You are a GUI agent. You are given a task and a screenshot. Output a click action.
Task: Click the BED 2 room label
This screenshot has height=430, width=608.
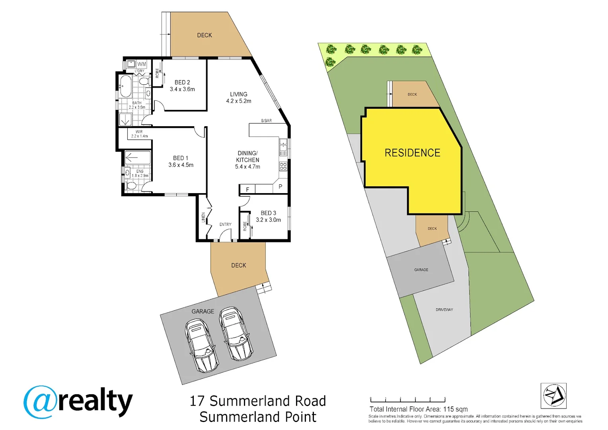pos(182,82)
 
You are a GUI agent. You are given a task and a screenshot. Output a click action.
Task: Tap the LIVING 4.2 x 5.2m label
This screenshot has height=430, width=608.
pos(238,98)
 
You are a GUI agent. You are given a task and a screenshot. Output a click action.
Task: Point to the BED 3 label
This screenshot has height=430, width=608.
pos(268,213)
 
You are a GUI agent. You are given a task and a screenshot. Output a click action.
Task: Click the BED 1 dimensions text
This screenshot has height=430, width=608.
pos(181,165)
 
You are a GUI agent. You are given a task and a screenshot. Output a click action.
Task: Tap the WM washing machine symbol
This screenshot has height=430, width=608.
pos(142,64)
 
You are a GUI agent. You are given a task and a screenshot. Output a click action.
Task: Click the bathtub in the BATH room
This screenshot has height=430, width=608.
pos(125,86)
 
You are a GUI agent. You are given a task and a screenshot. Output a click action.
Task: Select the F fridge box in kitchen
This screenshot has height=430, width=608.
pos(247,190)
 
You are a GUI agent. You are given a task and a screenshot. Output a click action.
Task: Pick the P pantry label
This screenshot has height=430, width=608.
pos(280,186)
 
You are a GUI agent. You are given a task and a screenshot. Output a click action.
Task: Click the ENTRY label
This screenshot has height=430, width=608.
pos(225,225)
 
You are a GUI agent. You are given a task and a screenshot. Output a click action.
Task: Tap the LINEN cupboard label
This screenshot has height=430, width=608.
pos(203,217)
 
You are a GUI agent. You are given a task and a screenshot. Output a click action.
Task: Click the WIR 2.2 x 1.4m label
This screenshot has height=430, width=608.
pos(139,134)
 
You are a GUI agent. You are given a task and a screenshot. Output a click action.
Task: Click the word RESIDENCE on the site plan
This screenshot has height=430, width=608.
pos(412,153)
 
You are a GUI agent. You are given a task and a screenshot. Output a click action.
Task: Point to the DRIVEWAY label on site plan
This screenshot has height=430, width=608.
pos(444,310)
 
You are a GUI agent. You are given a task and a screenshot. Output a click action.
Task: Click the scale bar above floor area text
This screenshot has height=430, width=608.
pos(407,400)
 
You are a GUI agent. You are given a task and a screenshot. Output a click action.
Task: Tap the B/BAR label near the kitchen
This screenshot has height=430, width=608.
pos(266,121)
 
